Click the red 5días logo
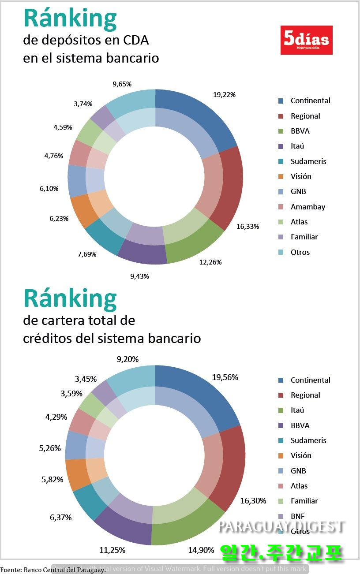(x=306, y=40)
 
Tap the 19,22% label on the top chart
(x=224, y=94)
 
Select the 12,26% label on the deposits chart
(x=210, y=262)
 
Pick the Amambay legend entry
(x=307, y=207)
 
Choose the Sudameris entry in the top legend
(x=308, y=161)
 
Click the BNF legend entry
(x=297, y=516)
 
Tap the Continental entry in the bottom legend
(x=310, y=380)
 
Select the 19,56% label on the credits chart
(x=225, y=377)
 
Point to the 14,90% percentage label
(x=201, y=550)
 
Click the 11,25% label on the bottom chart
(x=112, y=550)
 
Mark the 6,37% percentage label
(x=61, y=518)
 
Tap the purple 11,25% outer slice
(x=119, y=527)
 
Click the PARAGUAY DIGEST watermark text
(x=281, y=526)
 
